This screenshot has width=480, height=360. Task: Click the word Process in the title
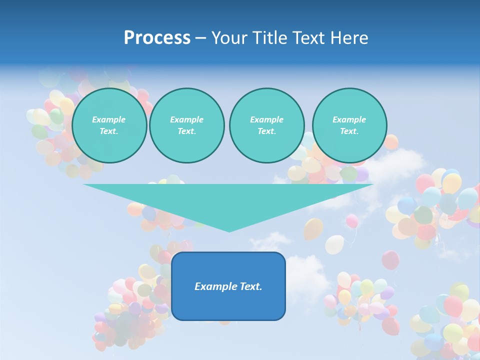[157, 38]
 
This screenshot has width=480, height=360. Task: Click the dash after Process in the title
[200, 38]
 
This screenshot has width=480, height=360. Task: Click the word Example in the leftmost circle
[109, 119]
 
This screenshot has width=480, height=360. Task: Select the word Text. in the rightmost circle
[349, 131]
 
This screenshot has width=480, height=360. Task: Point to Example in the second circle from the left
[186, 119]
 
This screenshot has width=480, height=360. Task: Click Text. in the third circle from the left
[266, 131]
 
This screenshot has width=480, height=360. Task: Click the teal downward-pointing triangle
[228, 200]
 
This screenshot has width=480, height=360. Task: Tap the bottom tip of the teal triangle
[229, 231]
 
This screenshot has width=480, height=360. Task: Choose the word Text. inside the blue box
[251, 286]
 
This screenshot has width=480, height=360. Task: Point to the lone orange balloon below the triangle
[313, 228]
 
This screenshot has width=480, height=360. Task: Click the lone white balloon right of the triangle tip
[334, 244]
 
